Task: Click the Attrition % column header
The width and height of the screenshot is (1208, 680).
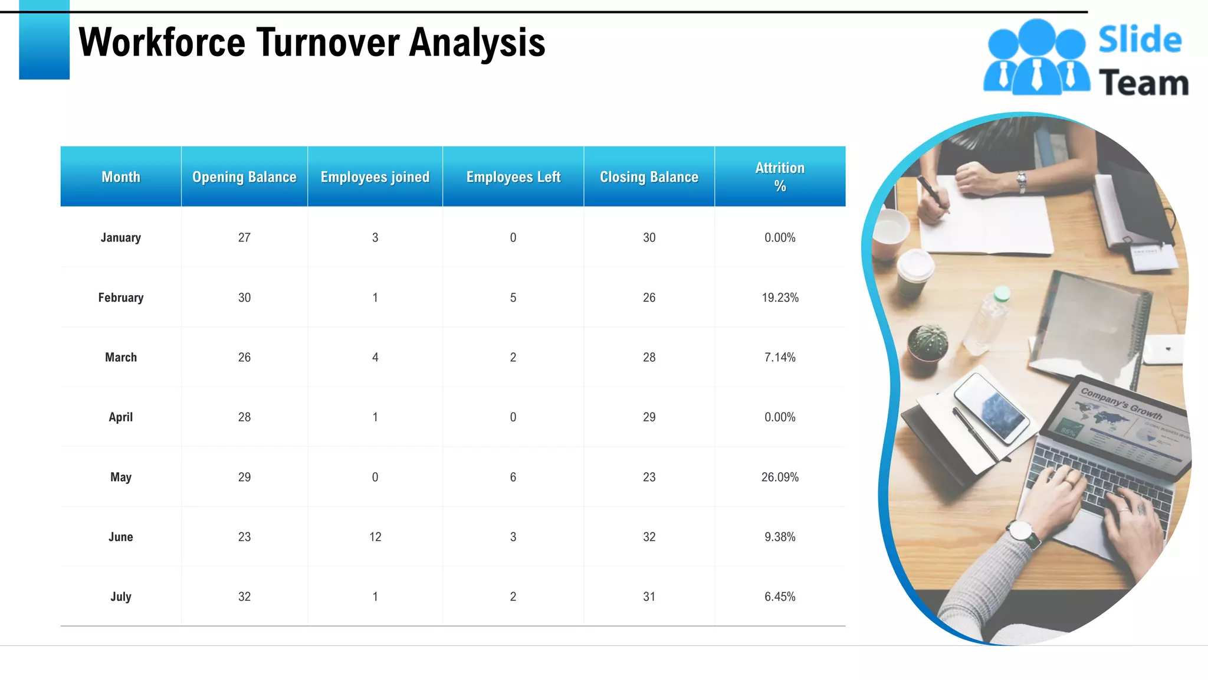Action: pyautogui.click(x=780, y=176)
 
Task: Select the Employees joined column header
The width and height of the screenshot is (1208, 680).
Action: pyautogui.click(x=375, y=177)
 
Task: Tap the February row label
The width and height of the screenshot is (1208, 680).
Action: pyautogui.click(x=121, y=297)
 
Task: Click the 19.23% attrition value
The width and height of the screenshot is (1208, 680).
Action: pyautogui.click(x=780, y=297)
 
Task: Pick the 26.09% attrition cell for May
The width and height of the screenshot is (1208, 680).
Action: pyautogui.click(x=780, y=477)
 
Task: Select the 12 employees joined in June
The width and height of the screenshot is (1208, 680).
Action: pyautogui.click(x=375, y=537)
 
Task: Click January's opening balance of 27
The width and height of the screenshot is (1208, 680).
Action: pyautogui.click(x=244, y=237)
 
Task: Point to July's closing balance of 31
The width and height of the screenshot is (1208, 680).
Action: pyautogui.click(x=649, y=597)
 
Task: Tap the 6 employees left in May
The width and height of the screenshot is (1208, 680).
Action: pyautogui.click(x=513, y=477)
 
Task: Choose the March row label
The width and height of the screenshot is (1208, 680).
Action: pyautogui.click(x=121, y=357)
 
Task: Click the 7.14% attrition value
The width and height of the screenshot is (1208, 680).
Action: pyautogui.click(x=780, y=357)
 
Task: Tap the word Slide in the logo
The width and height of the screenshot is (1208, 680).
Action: pyautogui.click(x=1140, y=40)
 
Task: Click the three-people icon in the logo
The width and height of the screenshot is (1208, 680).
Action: pyautogui.click(x=1036, y=58)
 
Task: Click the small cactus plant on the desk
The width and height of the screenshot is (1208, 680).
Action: pyautogui.click(x=928, y=342)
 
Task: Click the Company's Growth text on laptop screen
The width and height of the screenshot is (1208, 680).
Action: pyautogui.click(x=1121, y=403)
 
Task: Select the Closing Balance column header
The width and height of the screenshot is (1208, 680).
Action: pyautogui.click(x=649, y=177)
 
